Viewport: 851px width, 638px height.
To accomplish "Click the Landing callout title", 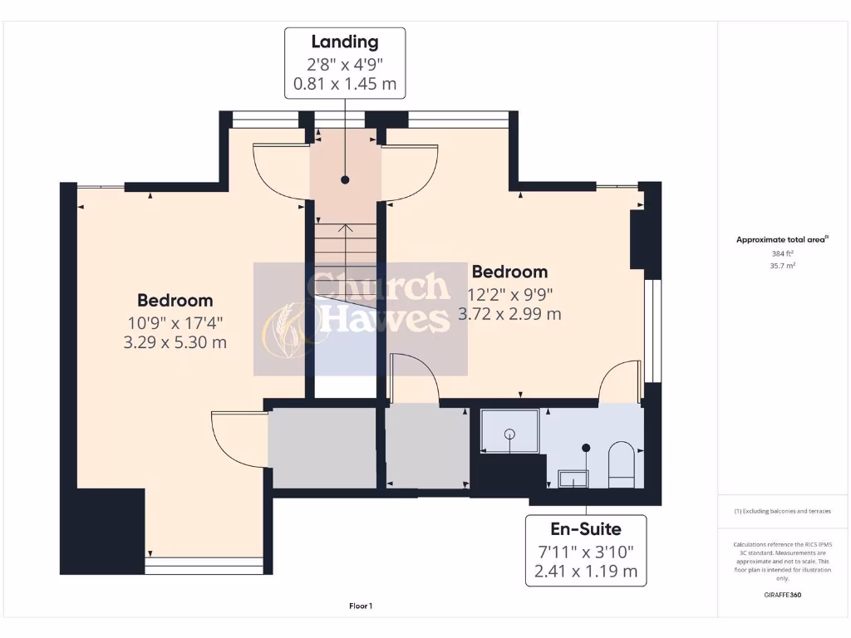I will pos(345,42).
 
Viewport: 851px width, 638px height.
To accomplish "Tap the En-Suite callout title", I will pos(586,528).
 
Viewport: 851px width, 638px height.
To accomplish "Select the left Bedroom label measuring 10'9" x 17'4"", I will pos(175,301).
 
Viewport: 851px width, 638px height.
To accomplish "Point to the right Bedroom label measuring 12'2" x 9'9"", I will pos(509,272).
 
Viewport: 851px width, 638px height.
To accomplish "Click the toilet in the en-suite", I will pos(621,465).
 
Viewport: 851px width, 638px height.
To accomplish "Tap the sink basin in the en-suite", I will pos(573,478).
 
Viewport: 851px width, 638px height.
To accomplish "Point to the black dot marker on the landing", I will pos(345,179).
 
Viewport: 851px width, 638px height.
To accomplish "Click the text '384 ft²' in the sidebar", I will pos(783,253).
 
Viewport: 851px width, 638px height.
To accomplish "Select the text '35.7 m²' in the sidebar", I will pos(783,266).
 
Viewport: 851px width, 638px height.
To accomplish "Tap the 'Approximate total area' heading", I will pos(782,239).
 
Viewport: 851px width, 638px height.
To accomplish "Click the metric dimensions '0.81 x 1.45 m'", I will pos(345,84).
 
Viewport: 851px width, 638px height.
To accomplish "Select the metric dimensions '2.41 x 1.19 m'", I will pos(586,571).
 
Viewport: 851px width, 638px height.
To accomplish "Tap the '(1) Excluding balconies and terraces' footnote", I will pos(783,511).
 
